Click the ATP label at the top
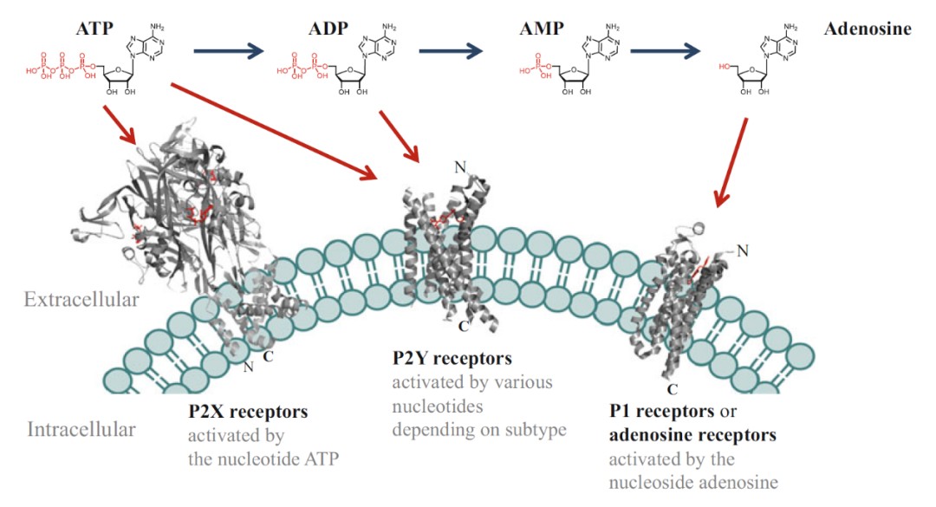(94, 29)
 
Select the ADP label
(328, 29)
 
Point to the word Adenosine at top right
(868, 29)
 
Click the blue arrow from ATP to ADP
(228, 52)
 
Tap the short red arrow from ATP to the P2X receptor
(120, 125)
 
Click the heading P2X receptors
(248, 412)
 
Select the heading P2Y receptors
(452, 358)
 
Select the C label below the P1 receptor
(673, 388)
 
